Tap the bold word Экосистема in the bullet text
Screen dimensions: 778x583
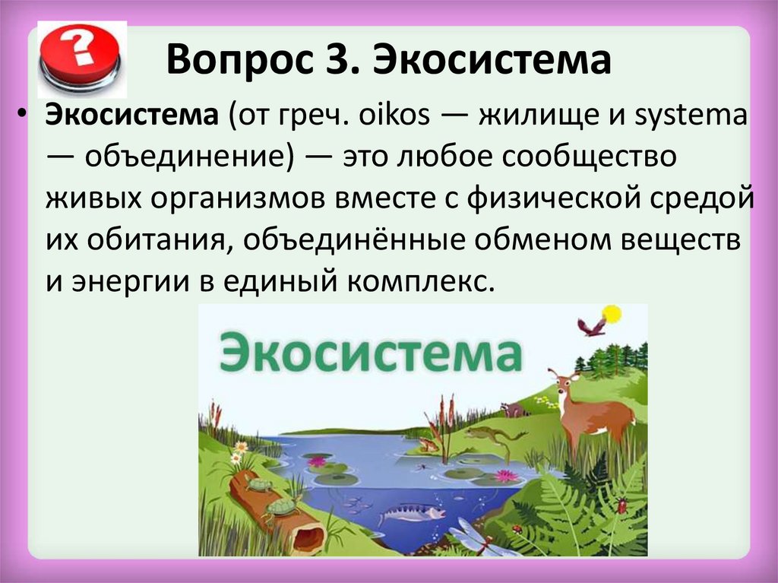132,115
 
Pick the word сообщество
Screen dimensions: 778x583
590,157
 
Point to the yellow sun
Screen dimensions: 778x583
612,315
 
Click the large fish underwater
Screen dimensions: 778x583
411,512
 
